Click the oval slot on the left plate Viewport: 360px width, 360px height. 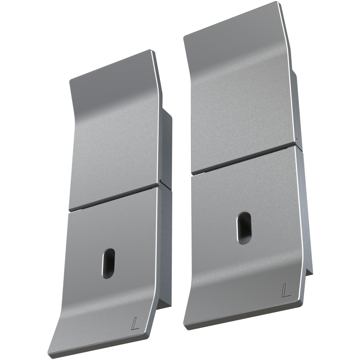click(x=108, y=263)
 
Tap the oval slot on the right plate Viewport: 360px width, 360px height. click(x=244, y=228)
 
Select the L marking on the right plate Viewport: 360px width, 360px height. click(x=286, y=290)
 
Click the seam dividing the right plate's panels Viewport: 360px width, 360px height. click(x=243, y=159)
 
